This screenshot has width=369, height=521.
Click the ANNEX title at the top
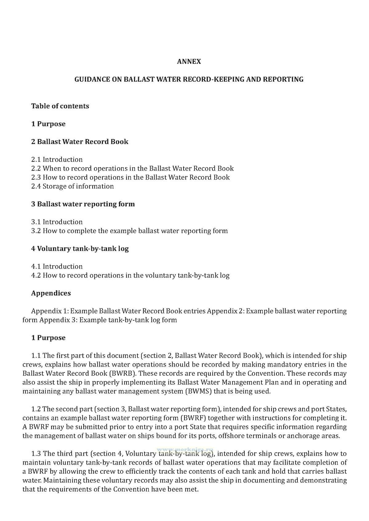click(189, 61)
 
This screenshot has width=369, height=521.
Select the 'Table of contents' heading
click(60, 106)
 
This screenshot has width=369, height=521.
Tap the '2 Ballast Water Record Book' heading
click(80, 142)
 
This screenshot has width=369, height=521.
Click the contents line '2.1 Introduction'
click(57, 159)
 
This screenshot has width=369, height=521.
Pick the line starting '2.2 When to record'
click(132, 168)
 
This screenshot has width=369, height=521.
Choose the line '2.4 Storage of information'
click(72, 186)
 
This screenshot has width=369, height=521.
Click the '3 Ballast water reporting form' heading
click(83, 204)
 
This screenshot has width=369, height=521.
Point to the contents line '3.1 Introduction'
click(57, 222)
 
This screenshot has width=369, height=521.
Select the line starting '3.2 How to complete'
click(129, 231)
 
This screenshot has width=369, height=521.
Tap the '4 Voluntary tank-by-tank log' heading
click(80, 248)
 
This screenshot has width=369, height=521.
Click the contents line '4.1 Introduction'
click(57, 266)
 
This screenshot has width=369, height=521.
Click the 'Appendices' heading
click(51, 293)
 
